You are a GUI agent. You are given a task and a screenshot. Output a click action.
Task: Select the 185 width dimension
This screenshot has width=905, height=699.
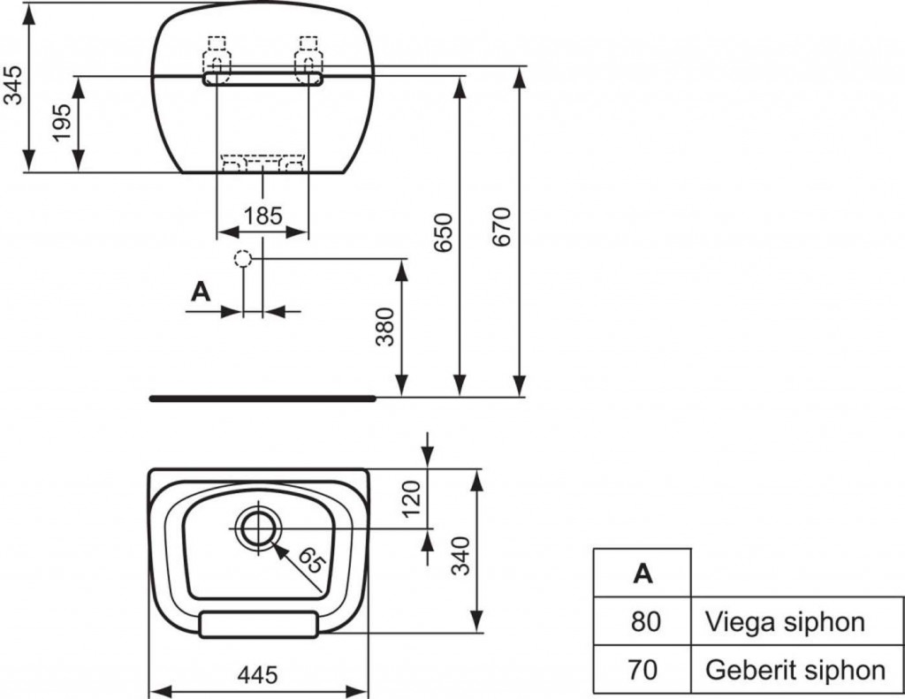[x=262, y=215]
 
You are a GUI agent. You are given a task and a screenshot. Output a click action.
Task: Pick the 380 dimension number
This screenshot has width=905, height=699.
[x=386, y=327]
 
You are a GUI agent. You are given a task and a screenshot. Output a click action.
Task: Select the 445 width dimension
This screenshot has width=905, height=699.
[x=258, y=675]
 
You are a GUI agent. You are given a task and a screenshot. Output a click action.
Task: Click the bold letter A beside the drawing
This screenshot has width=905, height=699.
[x=202, y=292]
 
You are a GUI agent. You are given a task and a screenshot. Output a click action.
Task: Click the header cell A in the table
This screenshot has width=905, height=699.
[x=643, y=574]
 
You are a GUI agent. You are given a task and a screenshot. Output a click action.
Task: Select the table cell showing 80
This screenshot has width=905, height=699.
[x=644, y=622]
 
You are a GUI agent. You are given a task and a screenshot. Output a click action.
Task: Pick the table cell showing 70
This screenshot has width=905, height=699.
[x=644, y=670]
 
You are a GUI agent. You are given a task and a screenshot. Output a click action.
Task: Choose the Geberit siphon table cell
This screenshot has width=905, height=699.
[x=795, y=670]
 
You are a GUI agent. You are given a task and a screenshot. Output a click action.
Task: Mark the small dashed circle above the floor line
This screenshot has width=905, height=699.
[x=244, y=258]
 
